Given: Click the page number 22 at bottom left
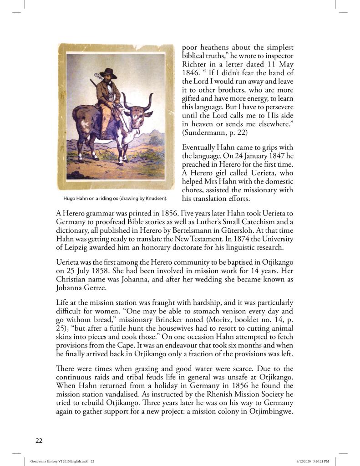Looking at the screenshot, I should [39, 440].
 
